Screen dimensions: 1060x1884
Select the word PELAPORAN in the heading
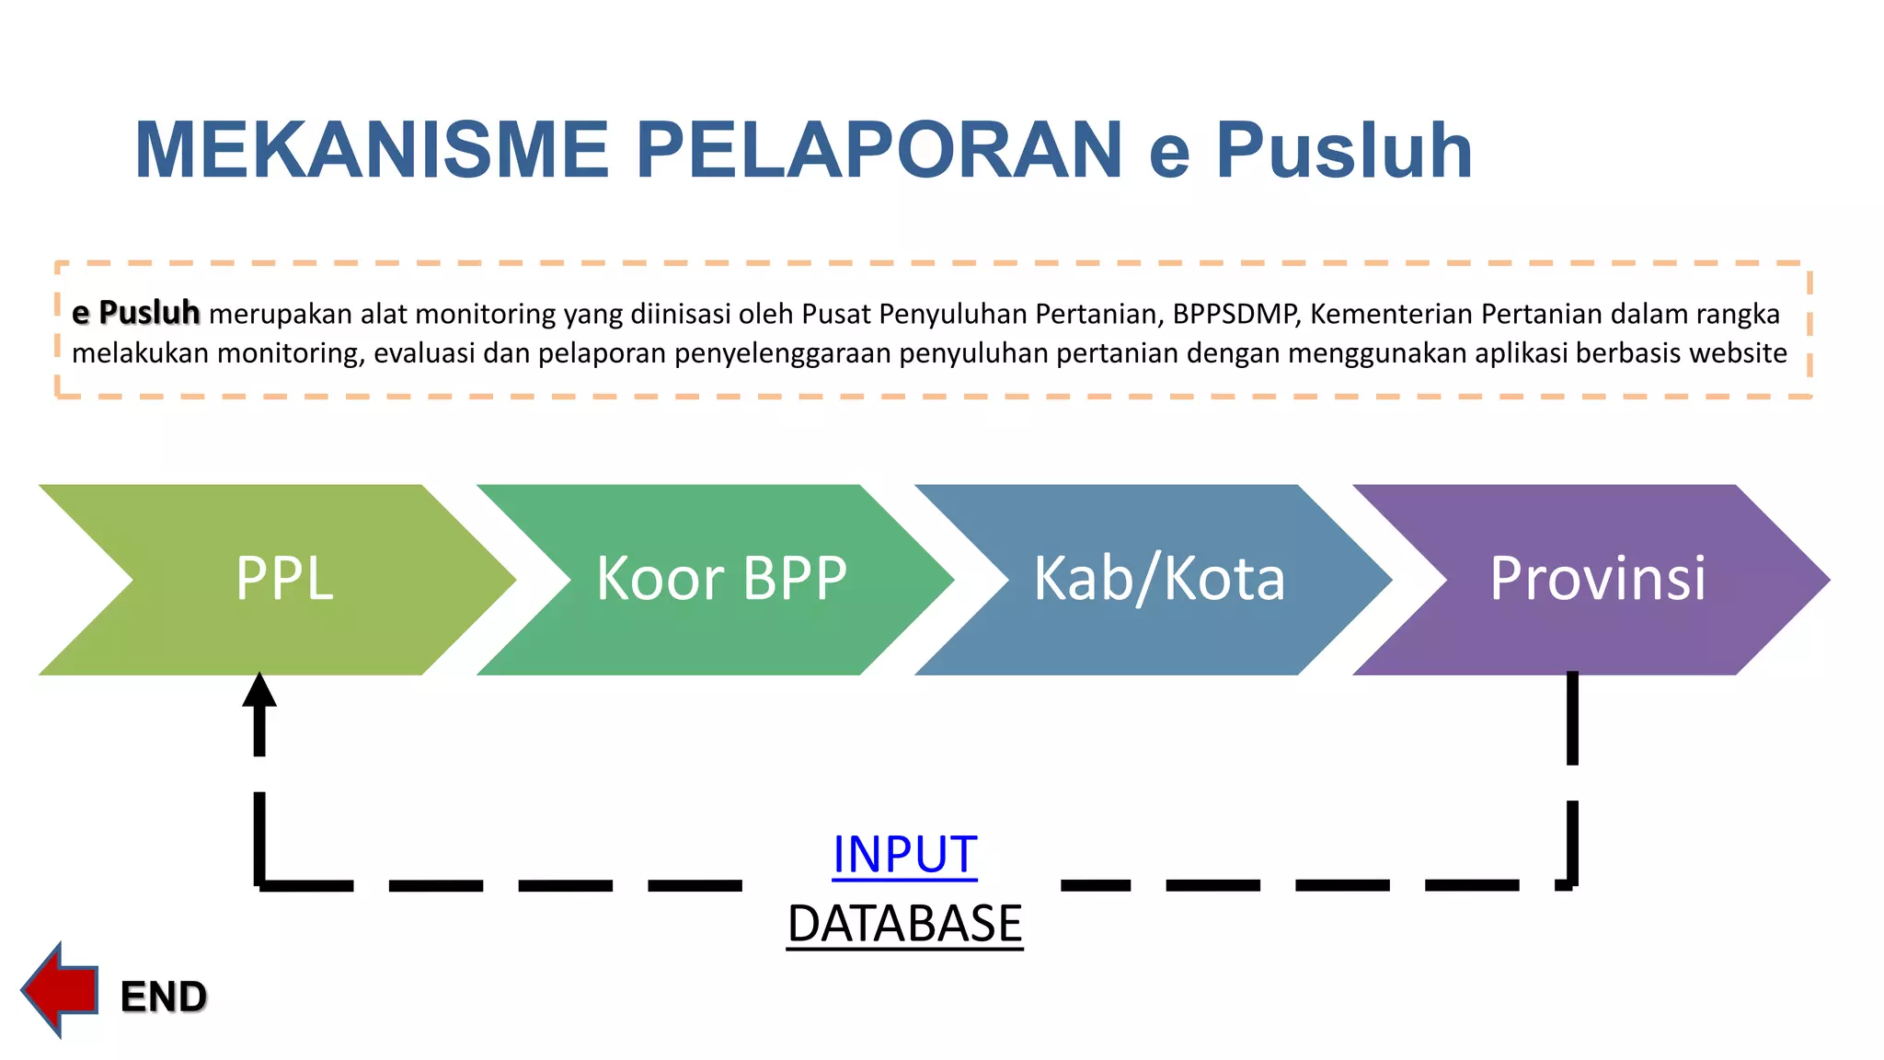879,150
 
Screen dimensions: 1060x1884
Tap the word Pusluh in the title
1344,150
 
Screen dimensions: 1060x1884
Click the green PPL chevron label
284,579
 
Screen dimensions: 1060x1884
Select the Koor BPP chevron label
721,579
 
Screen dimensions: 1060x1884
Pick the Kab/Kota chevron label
1159,579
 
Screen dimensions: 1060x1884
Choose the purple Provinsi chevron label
1598,579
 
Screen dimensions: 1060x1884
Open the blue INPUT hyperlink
904,855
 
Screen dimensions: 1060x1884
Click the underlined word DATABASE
904,924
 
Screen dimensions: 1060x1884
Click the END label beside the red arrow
164,997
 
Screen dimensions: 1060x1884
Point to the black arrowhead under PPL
259,690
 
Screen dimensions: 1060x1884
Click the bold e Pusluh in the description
136,313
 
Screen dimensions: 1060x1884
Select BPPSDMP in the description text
1235,315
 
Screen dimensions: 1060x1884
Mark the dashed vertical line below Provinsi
1572,782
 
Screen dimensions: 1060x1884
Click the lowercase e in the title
1169,153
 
